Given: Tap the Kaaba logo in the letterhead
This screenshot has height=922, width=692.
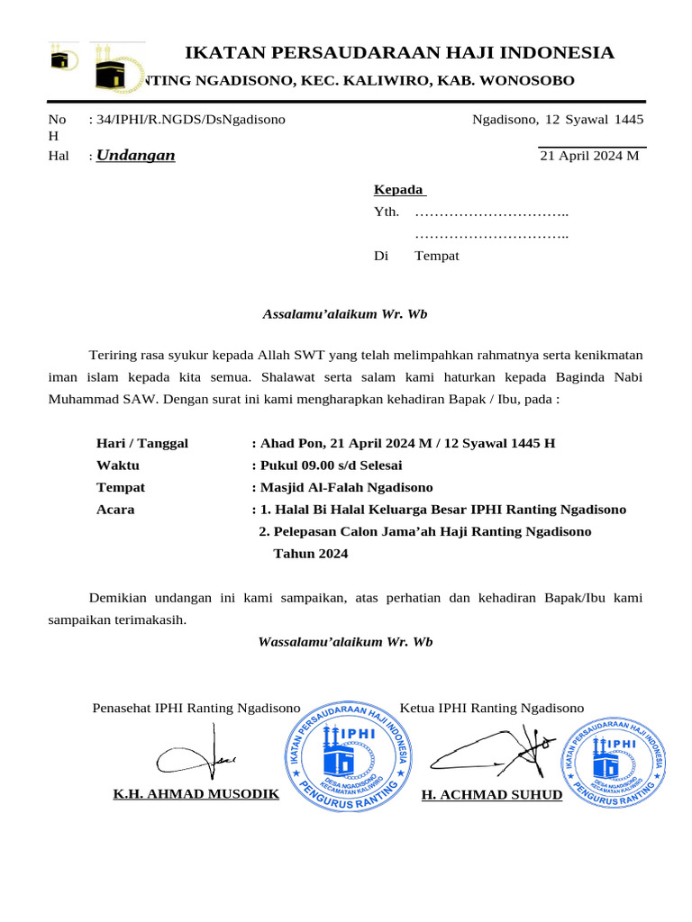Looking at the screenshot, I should pos(118,68).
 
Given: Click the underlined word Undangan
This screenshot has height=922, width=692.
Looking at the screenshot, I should pos(136,156).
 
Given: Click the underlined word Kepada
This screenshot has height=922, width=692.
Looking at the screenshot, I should pos(398,190).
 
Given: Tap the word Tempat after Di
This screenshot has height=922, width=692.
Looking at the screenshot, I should pos(437,256).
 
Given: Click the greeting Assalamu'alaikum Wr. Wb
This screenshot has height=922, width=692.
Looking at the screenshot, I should pos(344,314).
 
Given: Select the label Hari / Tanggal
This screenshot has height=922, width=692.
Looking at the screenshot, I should pos(142,443).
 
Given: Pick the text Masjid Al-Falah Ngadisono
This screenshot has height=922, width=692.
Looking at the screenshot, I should pos(346,487).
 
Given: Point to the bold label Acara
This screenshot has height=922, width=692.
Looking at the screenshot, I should pos(115,510).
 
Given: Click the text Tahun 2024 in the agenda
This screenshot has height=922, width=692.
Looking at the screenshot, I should pos(310,554).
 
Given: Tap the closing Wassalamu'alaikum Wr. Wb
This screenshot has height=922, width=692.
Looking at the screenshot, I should pos(345,642).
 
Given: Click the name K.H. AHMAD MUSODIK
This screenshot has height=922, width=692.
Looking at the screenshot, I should pos(196,794).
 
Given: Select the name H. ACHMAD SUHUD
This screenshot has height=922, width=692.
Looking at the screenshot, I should pos(491,794).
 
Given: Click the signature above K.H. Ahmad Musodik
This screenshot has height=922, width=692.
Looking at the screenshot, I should pos(196,757).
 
